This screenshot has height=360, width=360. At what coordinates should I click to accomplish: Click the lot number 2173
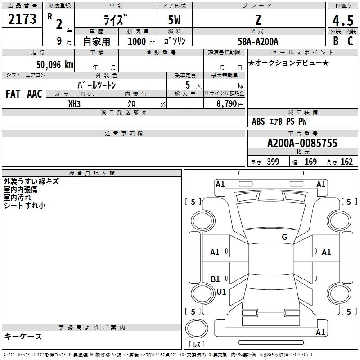[x=22, y=20]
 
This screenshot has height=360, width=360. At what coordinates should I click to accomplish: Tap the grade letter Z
[x=258, y=20]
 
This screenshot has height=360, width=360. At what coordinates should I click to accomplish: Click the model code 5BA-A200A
[x=258, y=41]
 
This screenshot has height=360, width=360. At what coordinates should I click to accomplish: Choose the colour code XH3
[x=75, y=103]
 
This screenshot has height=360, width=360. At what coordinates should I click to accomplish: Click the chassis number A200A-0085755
[x=302, y=144]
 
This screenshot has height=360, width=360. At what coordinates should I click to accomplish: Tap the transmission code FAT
[x=13, y=94]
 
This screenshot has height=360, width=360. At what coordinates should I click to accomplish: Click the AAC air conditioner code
[x=35, y=94]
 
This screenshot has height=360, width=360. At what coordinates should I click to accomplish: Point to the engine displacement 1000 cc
[x=137, y=41]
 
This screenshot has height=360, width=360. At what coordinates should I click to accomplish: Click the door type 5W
[x=175, y=20]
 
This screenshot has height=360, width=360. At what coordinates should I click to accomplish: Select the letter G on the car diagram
[x=284, y=237]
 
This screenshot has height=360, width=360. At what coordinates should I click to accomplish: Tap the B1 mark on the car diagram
[x=216, y=279]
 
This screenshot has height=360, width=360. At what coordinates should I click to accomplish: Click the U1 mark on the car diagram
[x=221, y=292]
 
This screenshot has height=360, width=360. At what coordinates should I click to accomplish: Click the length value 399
[x=273, y=162]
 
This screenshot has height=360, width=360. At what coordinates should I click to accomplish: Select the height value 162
[x=346, y=162]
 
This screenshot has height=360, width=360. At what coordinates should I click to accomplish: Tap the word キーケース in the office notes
[x=23, y=337]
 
